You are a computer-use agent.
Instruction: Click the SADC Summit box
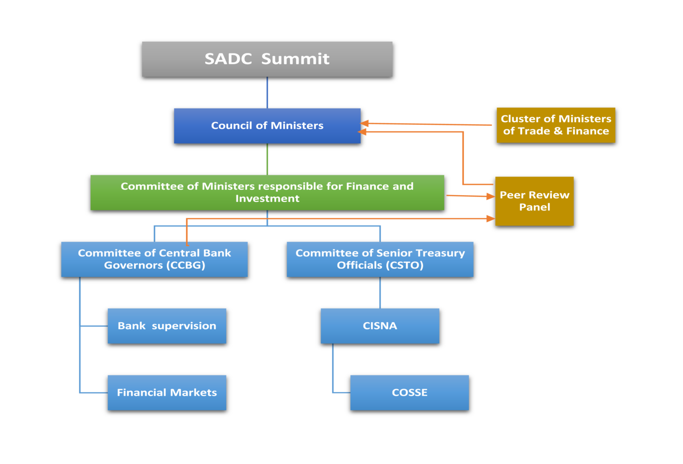click(267, 59)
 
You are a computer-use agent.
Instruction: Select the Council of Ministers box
click(267, 126)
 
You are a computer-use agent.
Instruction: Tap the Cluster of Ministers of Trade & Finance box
click(556, 125)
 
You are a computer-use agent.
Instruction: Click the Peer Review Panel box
click(534, 201)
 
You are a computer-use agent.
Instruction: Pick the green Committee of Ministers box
click(267, 192)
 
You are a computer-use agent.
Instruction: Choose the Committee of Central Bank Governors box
click(154, 259)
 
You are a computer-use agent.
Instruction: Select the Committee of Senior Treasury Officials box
click(380, 259)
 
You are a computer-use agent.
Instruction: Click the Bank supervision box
click(167, 326)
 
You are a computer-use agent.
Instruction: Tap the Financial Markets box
click(167, 392)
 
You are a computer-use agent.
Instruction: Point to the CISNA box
click(380, 326)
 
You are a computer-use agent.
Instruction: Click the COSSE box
click(409, 392)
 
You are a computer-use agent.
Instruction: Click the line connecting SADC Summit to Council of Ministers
click(267, 92)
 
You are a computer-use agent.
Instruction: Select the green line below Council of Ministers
click(267, 159)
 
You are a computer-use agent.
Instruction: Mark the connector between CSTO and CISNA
click(380, 292)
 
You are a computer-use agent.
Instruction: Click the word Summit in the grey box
click(295, 59)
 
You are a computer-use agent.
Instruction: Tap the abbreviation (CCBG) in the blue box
click(186, 265)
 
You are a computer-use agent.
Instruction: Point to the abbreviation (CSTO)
click(405, 265)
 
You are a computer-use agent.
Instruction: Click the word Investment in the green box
click(267, 199)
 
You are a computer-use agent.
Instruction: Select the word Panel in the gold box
click(534, 207)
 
